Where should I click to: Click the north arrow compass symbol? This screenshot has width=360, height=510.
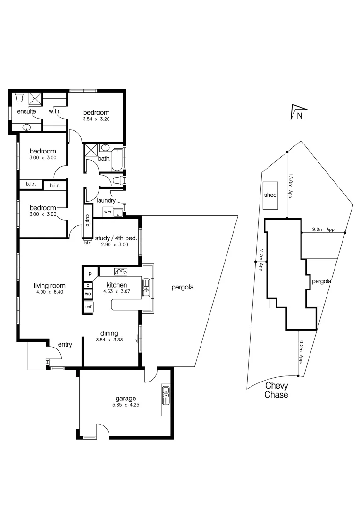pyautogui.click(x=296, y=112)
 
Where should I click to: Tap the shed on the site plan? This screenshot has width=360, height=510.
pyautogui.click(x=270, y=195)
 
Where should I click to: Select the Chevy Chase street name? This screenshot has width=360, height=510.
pyautogui.click(x=276, y=391)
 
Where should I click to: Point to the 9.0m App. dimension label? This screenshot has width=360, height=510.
pyautogui.click(x=323, y=230)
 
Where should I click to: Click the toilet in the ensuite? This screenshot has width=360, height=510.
pyautogui.click(x=19, y=98)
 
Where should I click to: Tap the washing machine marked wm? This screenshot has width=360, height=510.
pyautogui.click(x=108, y=212)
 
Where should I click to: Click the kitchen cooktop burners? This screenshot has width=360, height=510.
pyautogui.click(x=120, y=272)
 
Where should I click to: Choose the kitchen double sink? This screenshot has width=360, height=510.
pyautogui.click(x=146, y=288)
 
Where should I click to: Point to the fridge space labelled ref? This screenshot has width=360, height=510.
pyautogui.click(x=88, y=307)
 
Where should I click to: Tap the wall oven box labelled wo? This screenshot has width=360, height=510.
pyautogui.click(x=88, y=294)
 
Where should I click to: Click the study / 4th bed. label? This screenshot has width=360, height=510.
pyautogui.click(x=116, y=238)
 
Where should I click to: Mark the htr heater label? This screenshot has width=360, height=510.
pyautogui.click(x=87, y=243)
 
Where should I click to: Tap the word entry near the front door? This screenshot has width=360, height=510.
pyautogui.click(x=65, y=345)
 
